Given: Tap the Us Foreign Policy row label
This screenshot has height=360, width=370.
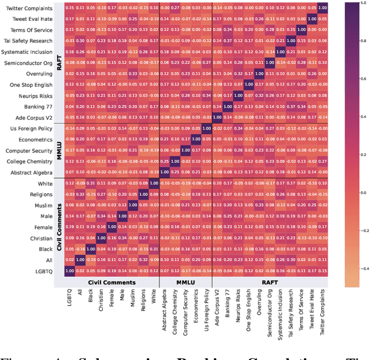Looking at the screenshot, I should pos(31,128).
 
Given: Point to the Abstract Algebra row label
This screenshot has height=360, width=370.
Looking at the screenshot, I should pos(32,172).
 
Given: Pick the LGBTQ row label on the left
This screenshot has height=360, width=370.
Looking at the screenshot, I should pos(45,270).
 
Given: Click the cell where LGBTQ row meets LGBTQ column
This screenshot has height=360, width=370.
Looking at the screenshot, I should pos(70,270).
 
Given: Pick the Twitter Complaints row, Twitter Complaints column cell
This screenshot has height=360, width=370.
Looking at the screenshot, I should pos(322,8).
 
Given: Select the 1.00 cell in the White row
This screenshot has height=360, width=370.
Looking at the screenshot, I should pos(154,183).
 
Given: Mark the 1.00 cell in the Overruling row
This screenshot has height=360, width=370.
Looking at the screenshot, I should pos(259,74).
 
